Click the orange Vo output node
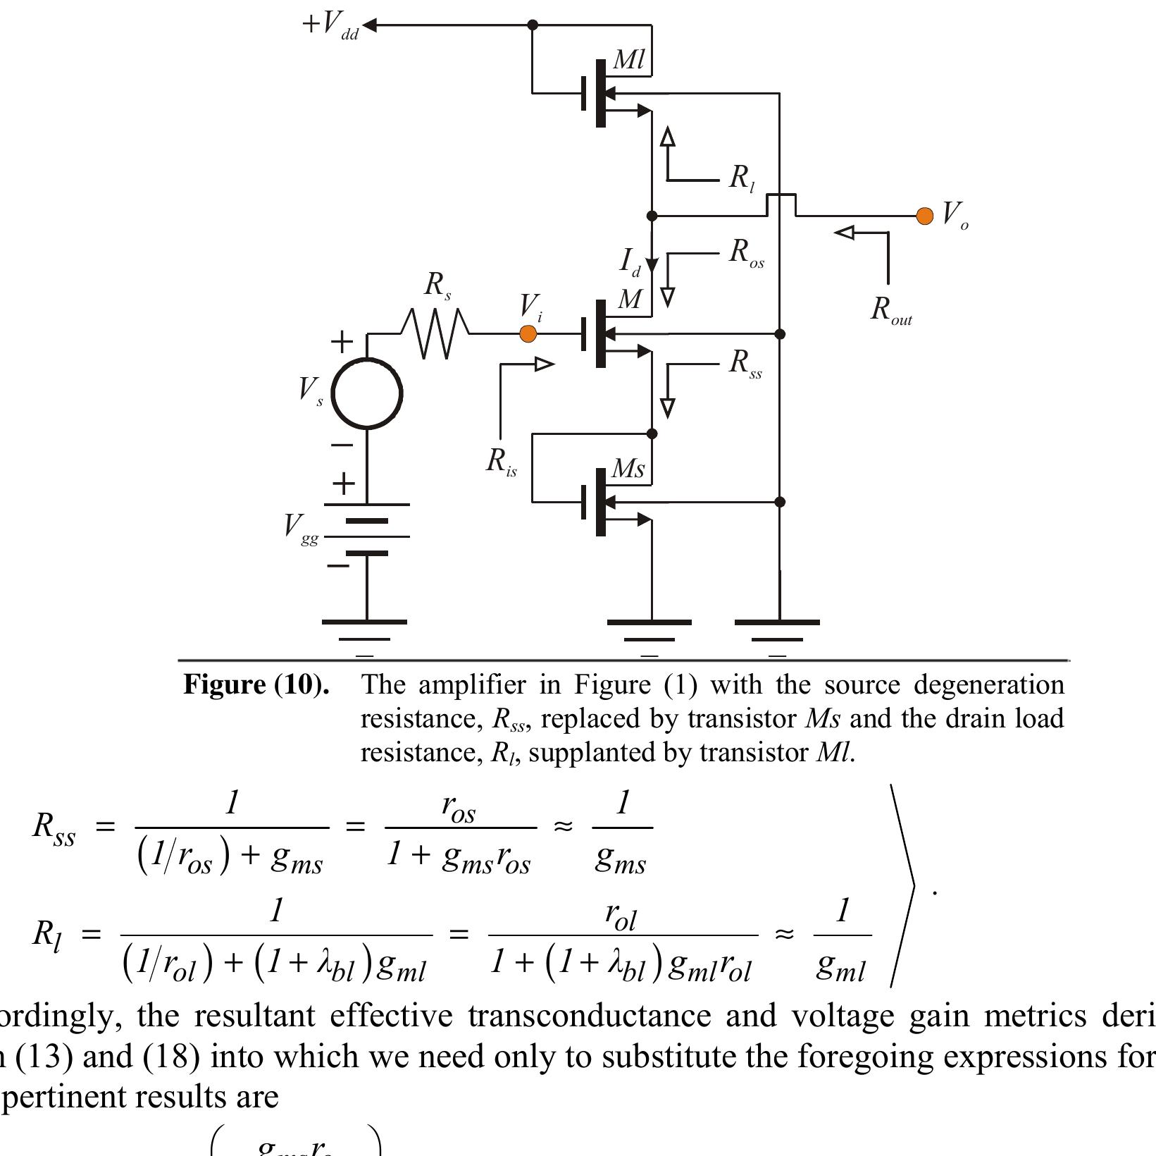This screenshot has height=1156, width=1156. pos(924,216)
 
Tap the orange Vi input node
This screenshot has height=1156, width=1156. pos(528,333)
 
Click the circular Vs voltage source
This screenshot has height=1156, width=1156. pos(366,393)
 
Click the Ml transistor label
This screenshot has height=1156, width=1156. pos(629,60)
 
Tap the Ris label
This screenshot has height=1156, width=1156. pos(501,462)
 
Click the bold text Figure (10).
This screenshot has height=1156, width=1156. pos(256,684)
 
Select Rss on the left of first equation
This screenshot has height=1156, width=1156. pos(54,827)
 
